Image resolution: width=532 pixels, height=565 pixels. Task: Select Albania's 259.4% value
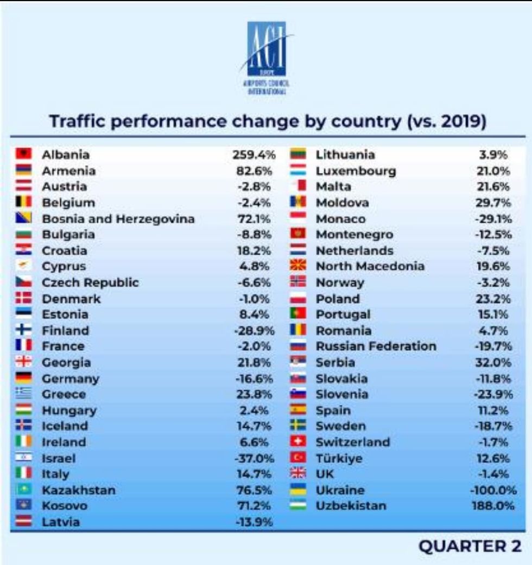pyautogui.click(x=254, y=155)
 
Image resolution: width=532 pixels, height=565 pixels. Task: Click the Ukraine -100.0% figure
pyautogui.click(x=493, y=490)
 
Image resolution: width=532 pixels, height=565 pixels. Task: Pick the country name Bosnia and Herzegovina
pyautogui.click(x=118, y=219)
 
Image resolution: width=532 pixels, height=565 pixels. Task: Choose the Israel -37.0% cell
pyautogui.click(x=254, y=458)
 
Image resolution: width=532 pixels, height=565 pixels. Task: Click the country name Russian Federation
pyautogui.click(x=376, y=346)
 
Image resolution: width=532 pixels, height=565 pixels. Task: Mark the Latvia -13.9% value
pyautogui.click(x=254, y=522)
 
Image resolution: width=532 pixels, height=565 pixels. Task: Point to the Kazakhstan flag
pyautogui.click(x=23, y=490)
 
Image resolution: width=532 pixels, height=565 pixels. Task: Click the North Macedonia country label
pyautogui.click(x=370, y=266)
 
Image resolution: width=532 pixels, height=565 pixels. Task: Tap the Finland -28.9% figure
pyautogui.click(x=254, y=330)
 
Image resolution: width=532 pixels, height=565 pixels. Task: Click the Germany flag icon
pyautogui.click(x=23, y=378)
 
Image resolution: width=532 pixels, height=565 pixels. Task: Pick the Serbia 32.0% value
pyautogui.click(x=495, y=362)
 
